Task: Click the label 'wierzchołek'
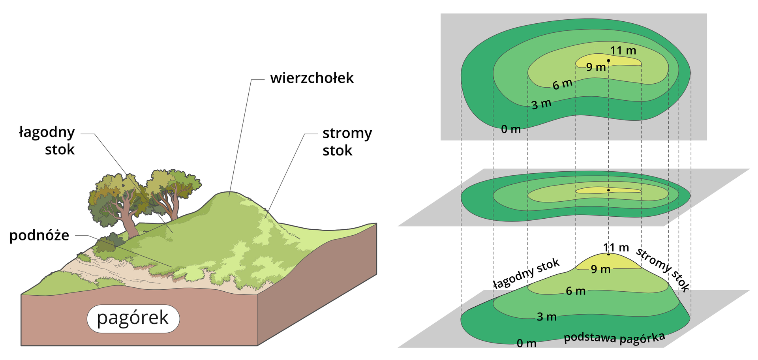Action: (311, 78)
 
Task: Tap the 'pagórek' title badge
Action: (133, 318)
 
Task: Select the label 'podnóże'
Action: (39, 235)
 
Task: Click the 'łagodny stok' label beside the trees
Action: (47, 141)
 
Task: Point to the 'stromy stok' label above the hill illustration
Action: (347, 141)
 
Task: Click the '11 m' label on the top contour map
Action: (623, 51)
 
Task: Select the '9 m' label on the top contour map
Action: (596, 67)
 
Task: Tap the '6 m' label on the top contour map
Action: (562, 84)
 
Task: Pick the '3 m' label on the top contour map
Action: (541, 104)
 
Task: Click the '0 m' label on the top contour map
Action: (510, 129)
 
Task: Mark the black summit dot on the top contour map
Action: (608, 60)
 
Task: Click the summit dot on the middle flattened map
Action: (608, 190)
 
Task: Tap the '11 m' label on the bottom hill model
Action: (615, 247)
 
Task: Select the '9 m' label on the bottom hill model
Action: (600, 269)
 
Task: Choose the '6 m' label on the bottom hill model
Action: (575, 291)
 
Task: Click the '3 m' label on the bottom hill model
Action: (546, 317)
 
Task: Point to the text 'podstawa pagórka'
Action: (614, 338)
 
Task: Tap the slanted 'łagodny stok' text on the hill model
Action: (526, 273)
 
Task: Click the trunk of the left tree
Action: (129, 221)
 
